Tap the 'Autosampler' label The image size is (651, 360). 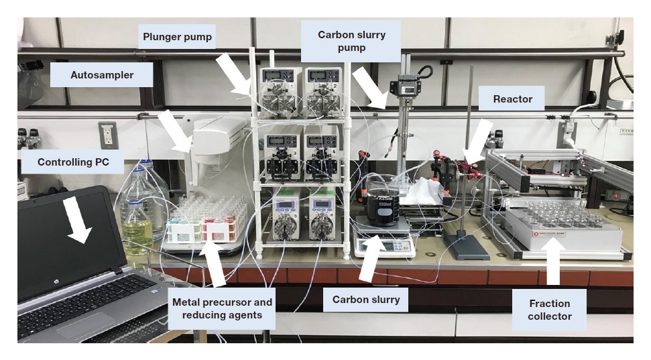point(102,75)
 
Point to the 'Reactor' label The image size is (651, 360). point(512,99)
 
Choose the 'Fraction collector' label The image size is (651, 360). point(549,309)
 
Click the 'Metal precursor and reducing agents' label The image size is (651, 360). point(221,308)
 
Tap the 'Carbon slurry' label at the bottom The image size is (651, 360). point(366,300)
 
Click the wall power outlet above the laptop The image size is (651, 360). point(108,135)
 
